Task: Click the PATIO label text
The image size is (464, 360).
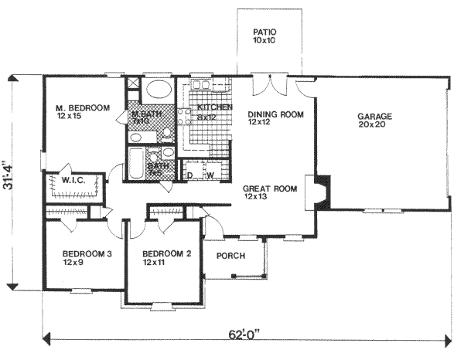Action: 265,32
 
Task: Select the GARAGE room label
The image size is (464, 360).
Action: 375,117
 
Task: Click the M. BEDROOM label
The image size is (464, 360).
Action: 82,108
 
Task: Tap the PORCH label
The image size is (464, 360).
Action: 230,256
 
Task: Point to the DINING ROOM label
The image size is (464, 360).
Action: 275,114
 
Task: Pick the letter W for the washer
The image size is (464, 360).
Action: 209,175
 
